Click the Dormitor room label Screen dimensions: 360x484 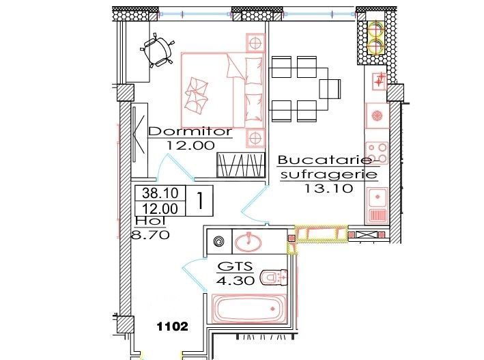[190, 131]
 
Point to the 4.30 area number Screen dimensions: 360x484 [236, 280]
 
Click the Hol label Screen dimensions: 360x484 [145, 221]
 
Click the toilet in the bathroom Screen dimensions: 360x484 [276, 277]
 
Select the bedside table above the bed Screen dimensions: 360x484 [256, 42]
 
